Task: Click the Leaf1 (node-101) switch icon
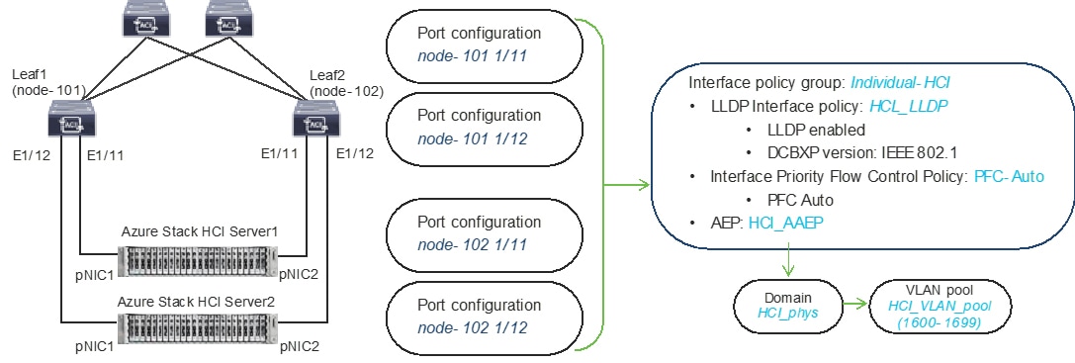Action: [x=70, y=124]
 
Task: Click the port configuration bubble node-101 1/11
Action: [x=471, y=45]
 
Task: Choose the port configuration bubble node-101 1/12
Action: [x=471, y=129]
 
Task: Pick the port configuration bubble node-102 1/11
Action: [x=471, y=232]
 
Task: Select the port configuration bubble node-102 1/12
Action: [x=471, y=317]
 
